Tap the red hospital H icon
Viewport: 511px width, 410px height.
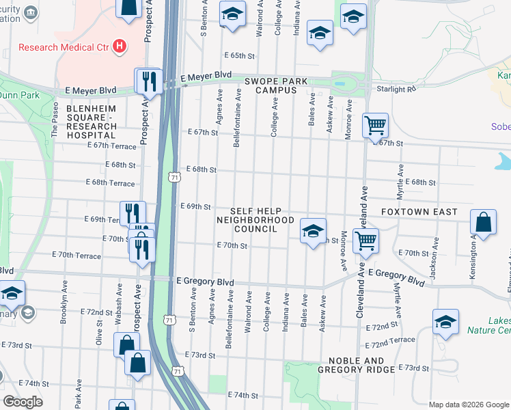[x=120, y=46]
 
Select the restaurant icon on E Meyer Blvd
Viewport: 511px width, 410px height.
[x=149, y=83]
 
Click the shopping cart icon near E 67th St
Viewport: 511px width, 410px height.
[x=375, y=126]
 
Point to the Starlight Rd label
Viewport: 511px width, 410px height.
[x=396, y=89]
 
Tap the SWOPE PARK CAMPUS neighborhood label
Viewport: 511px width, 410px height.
[x=275, y=85]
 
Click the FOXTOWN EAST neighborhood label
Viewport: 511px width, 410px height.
[x=419, y=213]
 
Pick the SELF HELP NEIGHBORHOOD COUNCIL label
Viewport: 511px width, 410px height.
[x=255, y=220]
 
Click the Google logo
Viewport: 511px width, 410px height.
[x=23, y=402]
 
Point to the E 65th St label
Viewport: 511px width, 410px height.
[x=238, y=55]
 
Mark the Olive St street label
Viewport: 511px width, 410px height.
[x=100, y=331]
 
